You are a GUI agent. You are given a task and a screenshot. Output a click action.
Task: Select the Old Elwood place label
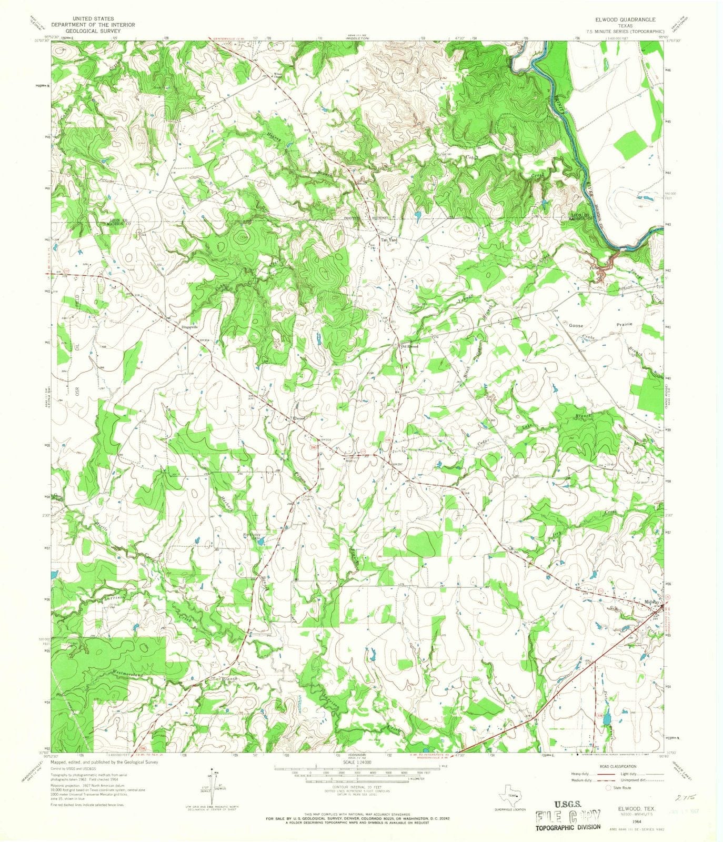click(x=409, y=346)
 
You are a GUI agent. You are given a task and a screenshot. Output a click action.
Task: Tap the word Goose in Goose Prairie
click(x=576, y=326)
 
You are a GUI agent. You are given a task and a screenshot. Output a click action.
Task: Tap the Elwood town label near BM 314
click(x=299, y=418)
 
